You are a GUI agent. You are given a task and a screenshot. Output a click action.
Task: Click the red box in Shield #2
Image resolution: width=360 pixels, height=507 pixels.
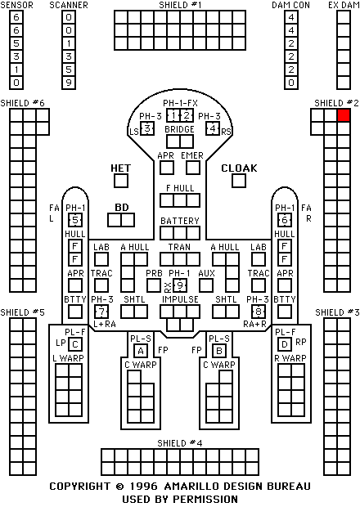click(344, 115)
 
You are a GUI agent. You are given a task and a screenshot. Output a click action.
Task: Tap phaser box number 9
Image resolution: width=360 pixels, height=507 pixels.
click(180, 285)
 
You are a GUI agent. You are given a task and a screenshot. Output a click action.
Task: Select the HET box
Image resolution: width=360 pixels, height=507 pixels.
click(121, 181)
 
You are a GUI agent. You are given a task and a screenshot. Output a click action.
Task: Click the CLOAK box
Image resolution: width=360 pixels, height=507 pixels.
click(239, 181)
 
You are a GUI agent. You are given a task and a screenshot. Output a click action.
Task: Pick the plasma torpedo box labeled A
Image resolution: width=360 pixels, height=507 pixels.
click(141, 351)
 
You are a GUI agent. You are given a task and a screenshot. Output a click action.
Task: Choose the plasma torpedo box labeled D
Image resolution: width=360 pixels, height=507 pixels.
click(285, 344)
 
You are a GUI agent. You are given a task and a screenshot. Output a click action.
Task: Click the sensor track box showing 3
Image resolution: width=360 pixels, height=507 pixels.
click(16, 56)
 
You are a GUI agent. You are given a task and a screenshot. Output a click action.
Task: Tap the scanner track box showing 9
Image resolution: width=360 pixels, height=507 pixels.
click(69, 83)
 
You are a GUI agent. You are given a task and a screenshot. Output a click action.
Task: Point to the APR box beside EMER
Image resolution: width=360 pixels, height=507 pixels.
click(167, 168)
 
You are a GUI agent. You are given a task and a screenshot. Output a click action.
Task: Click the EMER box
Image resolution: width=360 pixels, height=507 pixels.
click(193, 168)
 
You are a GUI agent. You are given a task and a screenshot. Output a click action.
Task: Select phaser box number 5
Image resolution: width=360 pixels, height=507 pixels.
click(75, 220)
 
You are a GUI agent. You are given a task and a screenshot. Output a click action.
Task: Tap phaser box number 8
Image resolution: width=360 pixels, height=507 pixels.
click(259, 312)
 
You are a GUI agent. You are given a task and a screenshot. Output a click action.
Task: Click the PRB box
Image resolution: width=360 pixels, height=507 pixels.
click(154, 285)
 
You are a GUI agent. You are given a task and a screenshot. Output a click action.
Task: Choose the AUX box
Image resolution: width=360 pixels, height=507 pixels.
click(206, 285)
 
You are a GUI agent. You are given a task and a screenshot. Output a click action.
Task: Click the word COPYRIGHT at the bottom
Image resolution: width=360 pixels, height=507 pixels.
click(79, 487)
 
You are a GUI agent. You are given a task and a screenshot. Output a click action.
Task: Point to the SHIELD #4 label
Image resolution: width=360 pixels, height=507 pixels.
click(180, 443)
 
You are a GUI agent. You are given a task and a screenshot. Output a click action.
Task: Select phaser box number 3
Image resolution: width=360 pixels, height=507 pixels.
click(147, 128)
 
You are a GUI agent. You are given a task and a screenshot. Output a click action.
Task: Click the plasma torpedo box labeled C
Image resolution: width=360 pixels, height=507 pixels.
click(75, 344)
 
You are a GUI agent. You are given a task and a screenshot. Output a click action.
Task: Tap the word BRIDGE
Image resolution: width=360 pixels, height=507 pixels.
click(179, 129)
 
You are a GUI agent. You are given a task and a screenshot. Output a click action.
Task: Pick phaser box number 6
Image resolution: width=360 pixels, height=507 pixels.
click(285, 220)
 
